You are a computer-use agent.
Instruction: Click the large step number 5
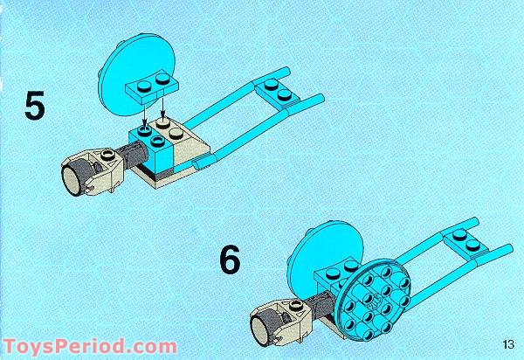(35, 106)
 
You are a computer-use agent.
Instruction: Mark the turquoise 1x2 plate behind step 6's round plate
(336, 267)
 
